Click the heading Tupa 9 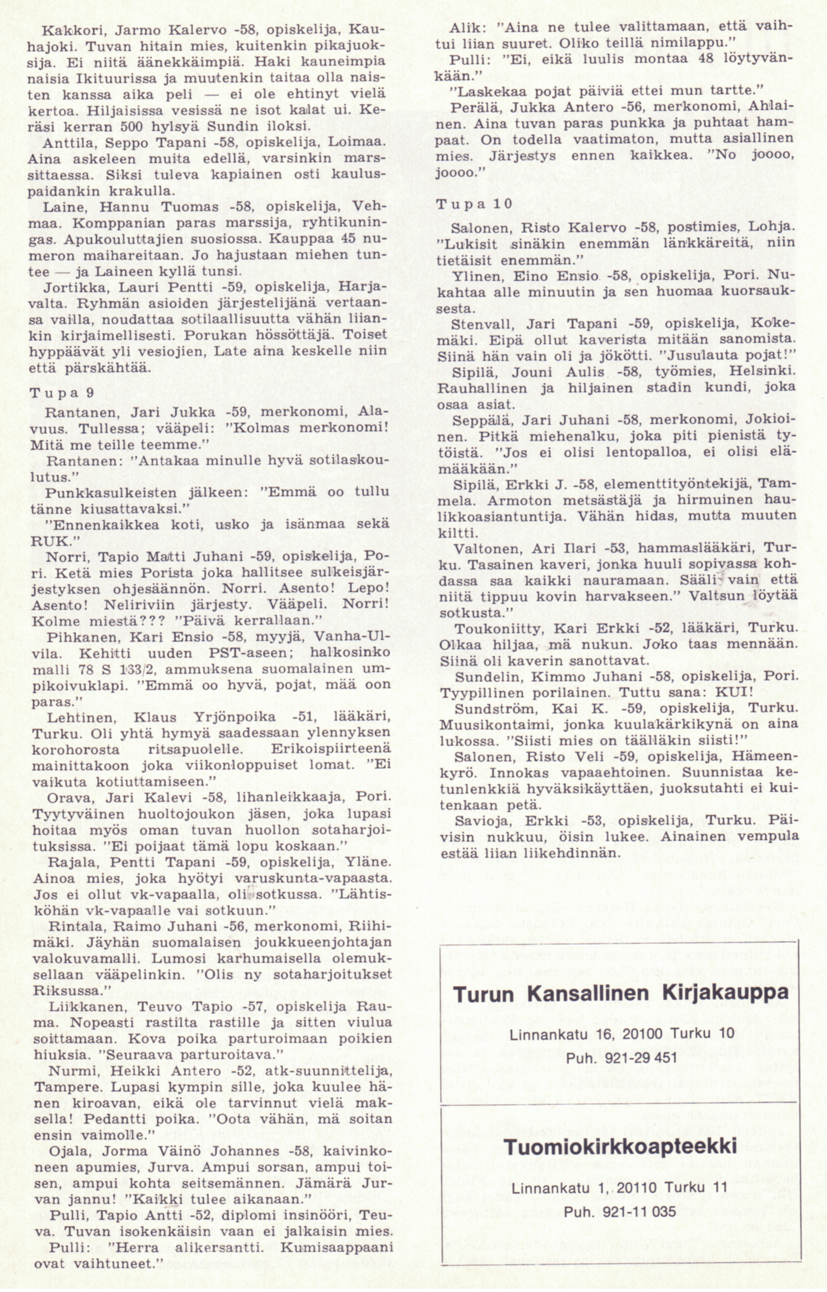coord(62,393)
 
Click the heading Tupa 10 coord(474,204)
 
